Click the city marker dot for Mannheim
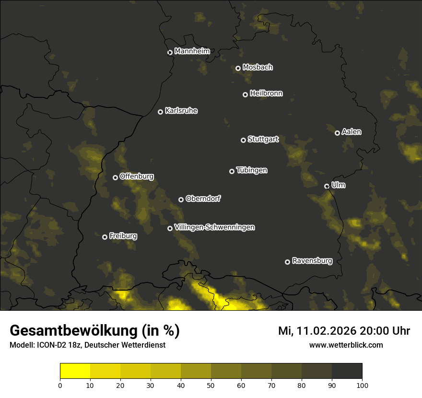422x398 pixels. (170, 53)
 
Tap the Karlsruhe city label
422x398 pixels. (181, 111)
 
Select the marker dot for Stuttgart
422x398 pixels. (244, 140)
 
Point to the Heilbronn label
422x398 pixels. (266, 94)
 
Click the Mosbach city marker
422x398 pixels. (238, 68)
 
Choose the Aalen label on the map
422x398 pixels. (352, 132)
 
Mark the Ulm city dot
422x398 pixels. (327, 186)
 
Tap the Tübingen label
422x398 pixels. (252, 170)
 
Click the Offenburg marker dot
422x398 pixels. (115, 177)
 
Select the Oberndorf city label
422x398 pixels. (203, 199)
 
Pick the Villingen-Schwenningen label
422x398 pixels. (214, 227)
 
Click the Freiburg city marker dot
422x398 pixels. (105, 237)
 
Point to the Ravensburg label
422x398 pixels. (312, 261)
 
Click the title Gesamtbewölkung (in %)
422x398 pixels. (94, 331)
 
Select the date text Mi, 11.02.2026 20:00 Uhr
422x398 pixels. (344, 331)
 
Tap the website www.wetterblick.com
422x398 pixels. (346, 345)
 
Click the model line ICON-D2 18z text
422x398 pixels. (87, 345)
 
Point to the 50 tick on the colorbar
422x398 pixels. (211, 385)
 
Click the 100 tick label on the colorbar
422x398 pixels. (362, 385)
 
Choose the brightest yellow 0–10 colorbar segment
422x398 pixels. (75, 371)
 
